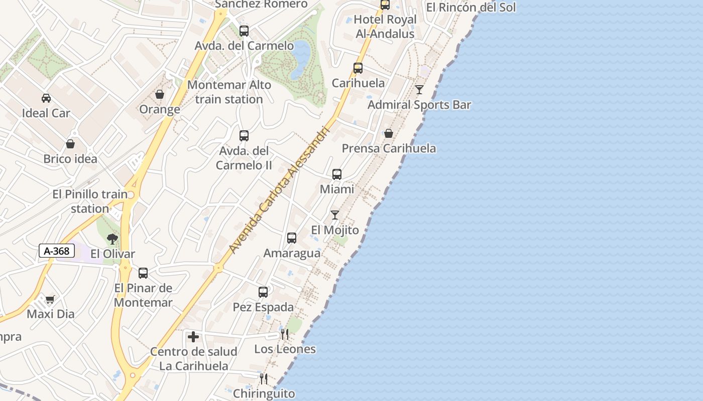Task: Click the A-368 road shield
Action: pyautogui.click(x=57, y=251)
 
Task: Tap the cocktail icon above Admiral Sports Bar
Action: pyautogui.click(x=419, y=90)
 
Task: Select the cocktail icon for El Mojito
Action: pyautogui.click(x=335, y=215)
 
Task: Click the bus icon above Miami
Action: pyautogui.click(x=337, y=174)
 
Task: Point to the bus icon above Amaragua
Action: pyautogui.click(x=292, y=238)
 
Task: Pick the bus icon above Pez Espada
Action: pyautogui.click(x=263, y=292)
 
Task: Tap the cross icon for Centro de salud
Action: pyautogui.click(x=193, y=337)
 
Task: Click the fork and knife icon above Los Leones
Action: pyautogui.click(x=284, y=334)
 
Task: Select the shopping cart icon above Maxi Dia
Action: pyautogui.click(x=50, y=300)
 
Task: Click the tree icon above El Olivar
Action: pyautogui.click(x=112, y=239)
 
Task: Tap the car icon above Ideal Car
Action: pyautogui.click(x=46, y=98)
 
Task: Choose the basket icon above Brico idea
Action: pyautogui.click(x=70, y=144)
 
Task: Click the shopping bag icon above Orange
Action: pyautogui.click(x=160, y=94)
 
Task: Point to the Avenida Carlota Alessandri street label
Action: pyautogui.click(x=279, y=189)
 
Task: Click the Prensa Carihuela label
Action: pyautogui.click(x=389, y=148)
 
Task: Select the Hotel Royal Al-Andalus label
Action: pyautogui.click(x=385, y=27)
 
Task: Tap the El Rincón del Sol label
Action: pyautogui.click(x=471, y=8)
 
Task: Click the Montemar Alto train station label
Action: pyautogui.click(x=229, y=92)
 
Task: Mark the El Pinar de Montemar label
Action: pyautogui.click(x=143, y=295)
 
